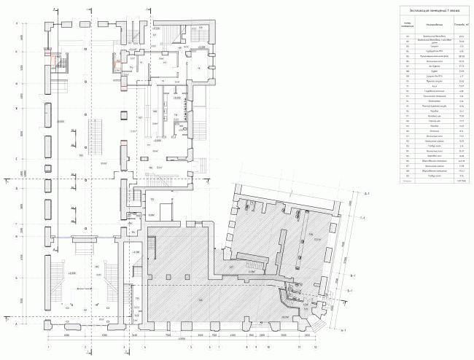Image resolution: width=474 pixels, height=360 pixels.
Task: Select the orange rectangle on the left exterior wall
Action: (x=49, y=52)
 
